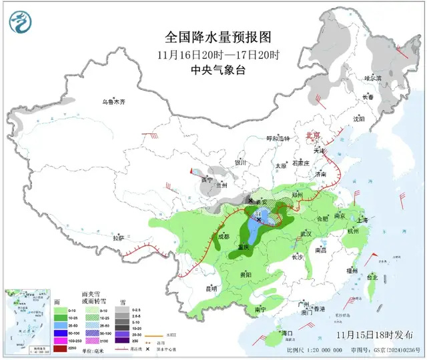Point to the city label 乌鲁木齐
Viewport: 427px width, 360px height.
pyautogui.click(x=113, y=102)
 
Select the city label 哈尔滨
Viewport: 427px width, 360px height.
pyautogui.click(x=372, y=79)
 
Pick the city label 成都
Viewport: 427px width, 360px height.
pyautogui.click(x=224, y=236)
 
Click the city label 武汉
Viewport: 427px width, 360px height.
pyautogui.click(x=306, y=234)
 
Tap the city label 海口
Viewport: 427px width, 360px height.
pyautogui.click(x=288, y=332)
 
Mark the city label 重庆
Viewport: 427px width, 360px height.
pyautogui.click(x=244, y=247)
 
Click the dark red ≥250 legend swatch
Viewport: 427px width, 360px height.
pyautogui.click(x=59, y=347)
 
